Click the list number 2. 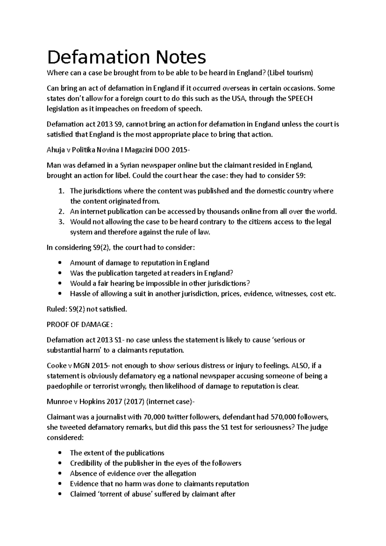[61, 212]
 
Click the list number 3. [61, 222]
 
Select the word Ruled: [56, 309]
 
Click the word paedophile [63, 386]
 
